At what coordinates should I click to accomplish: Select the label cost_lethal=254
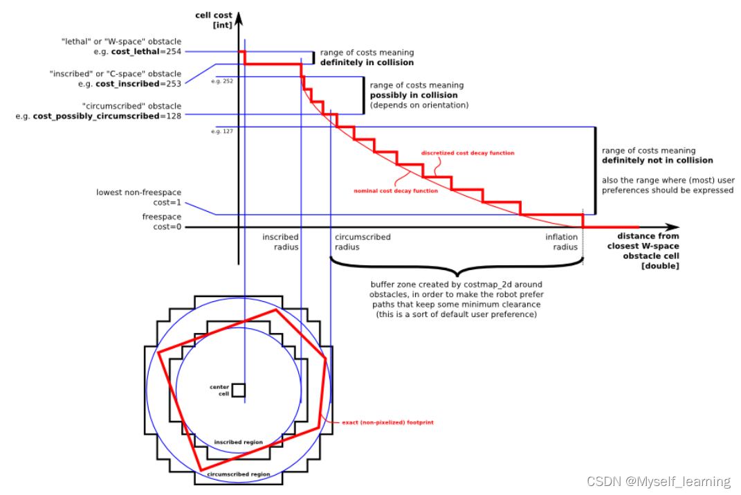coord(143,51)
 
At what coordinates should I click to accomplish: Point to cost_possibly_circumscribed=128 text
coord(107,116)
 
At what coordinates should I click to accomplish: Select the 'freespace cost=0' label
coord(162,222)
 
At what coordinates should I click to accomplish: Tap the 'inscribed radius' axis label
coord(280,242)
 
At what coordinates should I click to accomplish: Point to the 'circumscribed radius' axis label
coord(362,242)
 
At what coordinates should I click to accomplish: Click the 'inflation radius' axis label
coord(561,242)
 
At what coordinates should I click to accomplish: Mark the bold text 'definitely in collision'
coord(367,62)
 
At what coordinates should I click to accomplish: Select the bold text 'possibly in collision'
coord(414,95)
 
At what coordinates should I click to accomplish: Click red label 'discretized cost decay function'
coord(468,153)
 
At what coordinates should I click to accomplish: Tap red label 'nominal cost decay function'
coord(396,191)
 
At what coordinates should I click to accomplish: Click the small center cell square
coord(238,390)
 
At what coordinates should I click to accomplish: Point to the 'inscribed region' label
coord(238,442)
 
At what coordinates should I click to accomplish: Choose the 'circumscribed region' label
coord(238,474)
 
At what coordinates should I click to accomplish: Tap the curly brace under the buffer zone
coord(457,267)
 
